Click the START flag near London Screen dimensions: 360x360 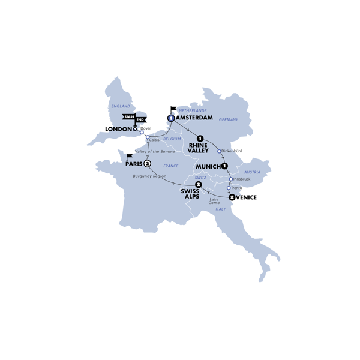point(128,116)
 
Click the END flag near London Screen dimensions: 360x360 point(141,116)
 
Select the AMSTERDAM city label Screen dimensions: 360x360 point(195,118)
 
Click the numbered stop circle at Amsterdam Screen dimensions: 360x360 point(172,118)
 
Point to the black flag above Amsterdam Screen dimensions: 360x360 point(174,109)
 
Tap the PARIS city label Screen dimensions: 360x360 point(134,163)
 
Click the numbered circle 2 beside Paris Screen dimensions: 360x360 point(147,163)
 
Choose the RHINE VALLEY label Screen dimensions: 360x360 point(198,148)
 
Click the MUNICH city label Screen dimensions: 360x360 point(208,166)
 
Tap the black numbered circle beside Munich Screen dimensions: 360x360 point(224,166)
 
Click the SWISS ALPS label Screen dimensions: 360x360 point(192,193)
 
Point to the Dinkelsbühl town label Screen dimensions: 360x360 point(233,151)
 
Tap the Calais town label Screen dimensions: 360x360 point(154,140)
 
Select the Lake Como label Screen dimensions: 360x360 point(214,201)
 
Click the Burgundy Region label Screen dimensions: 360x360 point(149,176)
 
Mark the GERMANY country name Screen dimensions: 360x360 point(229,119)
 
